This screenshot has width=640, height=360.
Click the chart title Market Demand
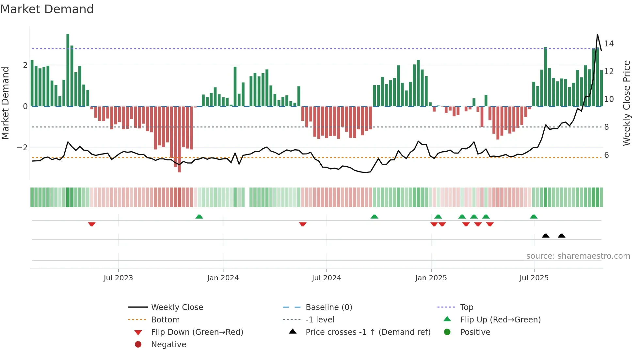pyautogui.click(x=47, y=9)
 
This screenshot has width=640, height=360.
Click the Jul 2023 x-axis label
pyautogui.click(x=118, y=278)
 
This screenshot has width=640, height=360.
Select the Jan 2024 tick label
pyautogui.click(x=223, y=278)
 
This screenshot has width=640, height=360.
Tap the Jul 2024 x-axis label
pyautogui.click(x=326, y=278)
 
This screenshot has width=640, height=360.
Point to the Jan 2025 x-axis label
pyautogui.click(x=431, y=278)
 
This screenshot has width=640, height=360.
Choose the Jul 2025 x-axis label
pyautogui.click(x=534, y=278)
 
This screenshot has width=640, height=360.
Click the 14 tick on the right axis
pyautogui.click(x=609, y=43)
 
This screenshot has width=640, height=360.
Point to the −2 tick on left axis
pyautogui.click(x=22, y=148)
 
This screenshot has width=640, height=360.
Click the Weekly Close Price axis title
pyautogui.click(x=626, y=103)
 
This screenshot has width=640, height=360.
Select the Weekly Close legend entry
pyautogui.click(x=177, y=307)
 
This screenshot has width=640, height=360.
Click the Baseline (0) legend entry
pyautogui.click(x=328, y=307)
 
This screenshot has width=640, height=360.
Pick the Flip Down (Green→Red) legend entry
pyautogui.click(x=197, y=332)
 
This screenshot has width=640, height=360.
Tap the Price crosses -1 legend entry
pyautogui.click(x=368, y=332)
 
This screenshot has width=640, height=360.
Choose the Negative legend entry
pyautogui.click(x=168, y=345)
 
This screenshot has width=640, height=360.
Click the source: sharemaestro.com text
pyautogui.click(x=578, y=256)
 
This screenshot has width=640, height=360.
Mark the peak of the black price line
pyautogui.click(x=597, y=35)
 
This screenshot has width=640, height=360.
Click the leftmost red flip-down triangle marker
pyautogui.click(x=92, y=224)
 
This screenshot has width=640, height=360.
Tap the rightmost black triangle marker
pyautogui.click(x=561, y=236)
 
